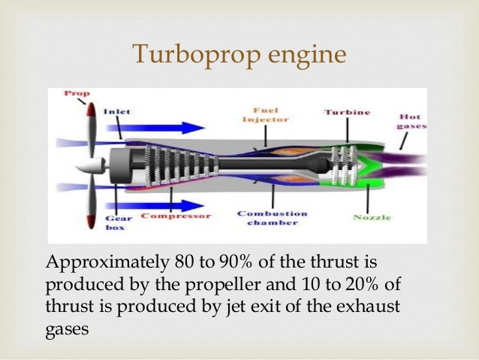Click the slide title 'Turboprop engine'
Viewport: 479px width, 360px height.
(x=239, y=54)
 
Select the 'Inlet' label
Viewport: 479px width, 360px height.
(x=117, y=112)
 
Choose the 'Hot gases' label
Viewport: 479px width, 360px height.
(x=411, y=121)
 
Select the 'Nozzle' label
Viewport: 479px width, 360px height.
(x=372, y=217)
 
